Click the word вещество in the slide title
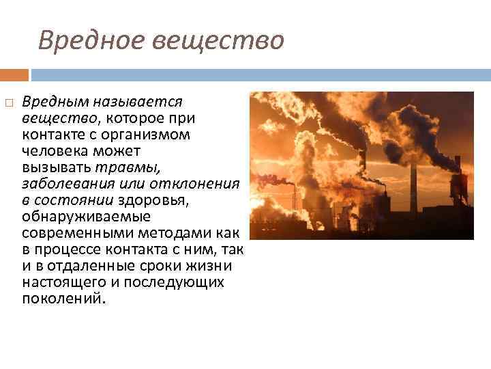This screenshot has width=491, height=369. tap(218, 41)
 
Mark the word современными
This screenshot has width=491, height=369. tap(68, 233)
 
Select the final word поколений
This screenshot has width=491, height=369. tap(63, 299)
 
